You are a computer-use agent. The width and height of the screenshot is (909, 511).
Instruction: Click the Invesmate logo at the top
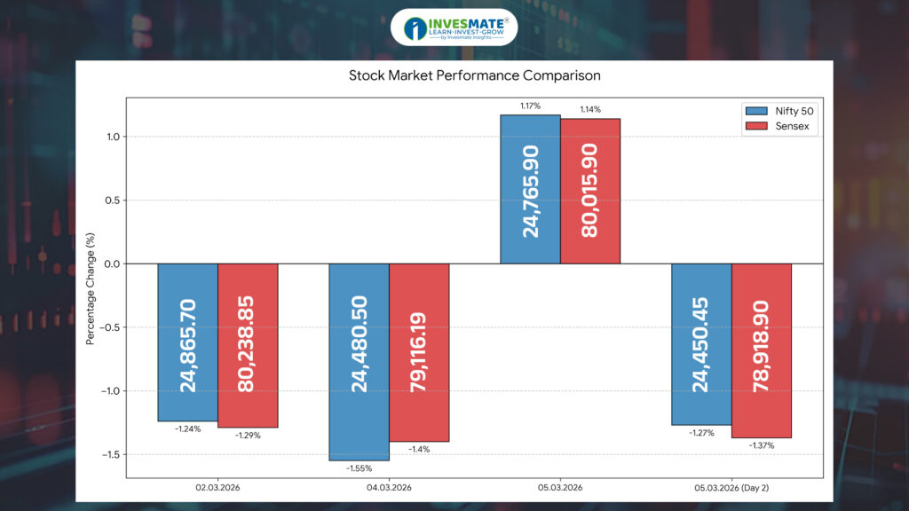coord(454,28)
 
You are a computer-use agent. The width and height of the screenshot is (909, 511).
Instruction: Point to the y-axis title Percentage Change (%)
coord(91,287)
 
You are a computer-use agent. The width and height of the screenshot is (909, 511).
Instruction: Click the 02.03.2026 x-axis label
coord(217,488)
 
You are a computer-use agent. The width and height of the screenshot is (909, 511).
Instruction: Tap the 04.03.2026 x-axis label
coord(388,488)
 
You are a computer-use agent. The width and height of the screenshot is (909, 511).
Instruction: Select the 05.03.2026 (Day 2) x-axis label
coord(731,488)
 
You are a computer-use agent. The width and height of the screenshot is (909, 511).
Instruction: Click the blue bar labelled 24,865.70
coord(187,342)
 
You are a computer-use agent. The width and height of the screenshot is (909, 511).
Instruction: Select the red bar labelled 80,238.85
coord(248,345)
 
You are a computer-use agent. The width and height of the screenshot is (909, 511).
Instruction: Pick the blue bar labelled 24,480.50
coord(359,362)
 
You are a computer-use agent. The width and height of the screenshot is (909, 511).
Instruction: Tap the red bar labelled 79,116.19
coord(419,352)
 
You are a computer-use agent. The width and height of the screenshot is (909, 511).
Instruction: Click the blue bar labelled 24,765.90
coord(530,189)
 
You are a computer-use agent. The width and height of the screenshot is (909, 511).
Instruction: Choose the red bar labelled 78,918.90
coord(762,350)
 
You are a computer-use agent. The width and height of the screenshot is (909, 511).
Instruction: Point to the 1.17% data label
coord(530,106)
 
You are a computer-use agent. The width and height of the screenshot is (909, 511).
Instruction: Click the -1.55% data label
coord(359,468)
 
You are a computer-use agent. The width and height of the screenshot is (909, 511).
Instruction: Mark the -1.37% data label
coord(762,445)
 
